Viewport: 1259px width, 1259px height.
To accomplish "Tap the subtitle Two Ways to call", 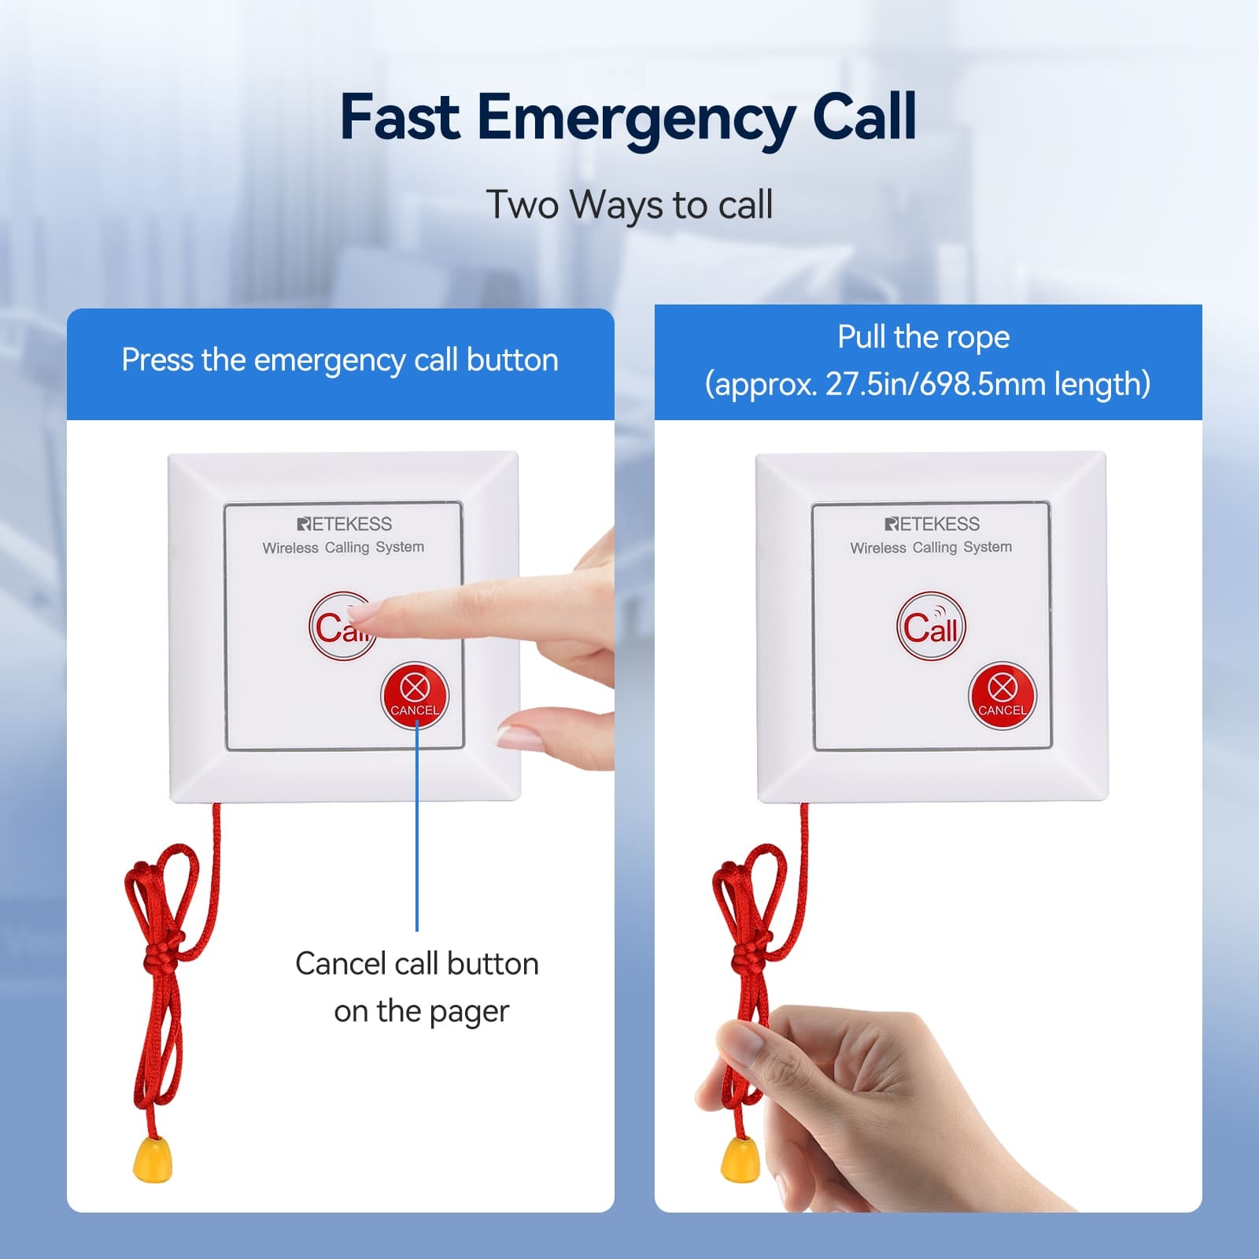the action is coord(629,205).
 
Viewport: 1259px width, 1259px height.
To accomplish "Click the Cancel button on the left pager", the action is coord(415,696).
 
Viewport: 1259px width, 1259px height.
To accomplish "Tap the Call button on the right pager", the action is coord(931,626).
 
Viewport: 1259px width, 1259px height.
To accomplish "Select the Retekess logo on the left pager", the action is coord(345,524).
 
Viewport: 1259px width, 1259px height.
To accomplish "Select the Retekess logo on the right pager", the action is coord(932,524).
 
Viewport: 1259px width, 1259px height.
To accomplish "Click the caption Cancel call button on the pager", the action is coord(418,988).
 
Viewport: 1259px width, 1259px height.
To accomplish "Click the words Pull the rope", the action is coord(924,338).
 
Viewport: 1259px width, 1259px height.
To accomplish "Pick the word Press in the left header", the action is coord(157,360).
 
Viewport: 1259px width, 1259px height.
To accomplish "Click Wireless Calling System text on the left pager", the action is coord(343,547).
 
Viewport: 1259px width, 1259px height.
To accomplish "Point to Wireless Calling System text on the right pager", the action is coord(931,547).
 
